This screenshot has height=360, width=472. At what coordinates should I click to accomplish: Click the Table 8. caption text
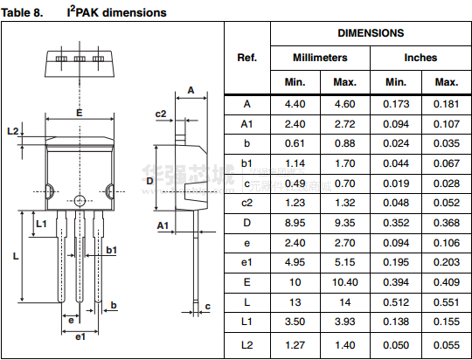22,12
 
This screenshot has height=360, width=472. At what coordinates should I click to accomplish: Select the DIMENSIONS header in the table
371,33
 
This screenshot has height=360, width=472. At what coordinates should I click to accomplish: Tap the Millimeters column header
320,58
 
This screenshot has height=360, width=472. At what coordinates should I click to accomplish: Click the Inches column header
420,58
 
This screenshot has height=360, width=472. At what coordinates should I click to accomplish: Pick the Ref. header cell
246,58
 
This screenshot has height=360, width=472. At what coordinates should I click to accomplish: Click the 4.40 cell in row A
295,104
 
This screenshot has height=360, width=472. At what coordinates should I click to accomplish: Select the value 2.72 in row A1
345,124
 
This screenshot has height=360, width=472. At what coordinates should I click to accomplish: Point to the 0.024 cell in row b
396,143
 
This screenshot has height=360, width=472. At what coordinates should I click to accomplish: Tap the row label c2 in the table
246,203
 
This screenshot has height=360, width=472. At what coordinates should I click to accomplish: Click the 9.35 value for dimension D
345,223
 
